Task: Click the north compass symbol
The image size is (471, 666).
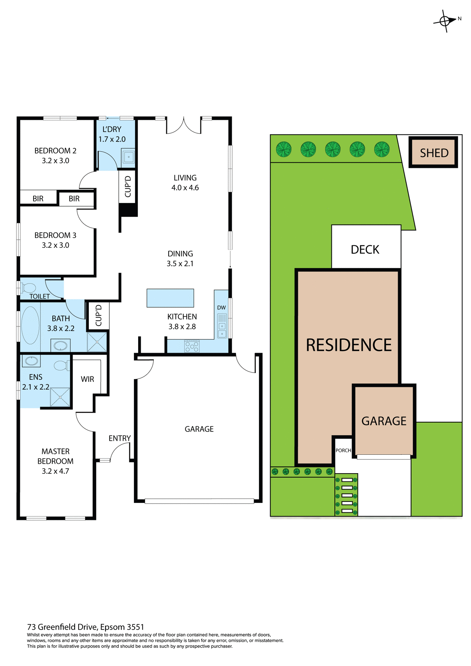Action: point(445,21)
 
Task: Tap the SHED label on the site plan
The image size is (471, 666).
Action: point(434,153)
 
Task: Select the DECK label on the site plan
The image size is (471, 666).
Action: point(365,249)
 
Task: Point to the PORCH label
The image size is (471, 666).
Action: point(343,450)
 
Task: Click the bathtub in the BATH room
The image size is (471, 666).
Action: point(30,325)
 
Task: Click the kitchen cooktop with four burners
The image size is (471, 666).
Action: point(192,346)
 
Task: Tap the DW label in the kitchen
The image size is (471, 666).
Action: point(221,308)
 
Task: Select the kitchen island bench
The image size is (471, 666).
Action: point(170,298)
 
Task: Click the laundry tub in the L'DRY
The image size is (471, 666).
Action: point(128,157)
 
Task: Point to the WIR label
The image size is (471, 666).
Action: point(87,379)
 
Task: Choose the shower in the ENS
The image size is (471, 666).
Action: point(60,397)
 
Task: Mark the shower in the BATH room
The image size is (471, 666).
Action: point(97,342)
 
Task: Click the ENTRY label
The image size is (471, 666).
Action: point(119,438)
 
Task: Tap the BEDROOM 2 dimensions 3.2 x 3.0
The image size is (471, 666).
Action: point(56,161)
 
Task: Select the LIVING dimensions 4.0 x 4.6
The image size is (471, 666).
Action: point(185,188)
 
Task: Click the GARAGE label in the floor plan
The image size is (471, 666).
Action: point(199,429)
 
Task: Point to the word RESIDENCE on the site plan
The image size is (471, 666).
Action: point(348,345)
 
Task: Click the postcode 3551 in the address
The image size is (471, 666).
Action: point(135,627)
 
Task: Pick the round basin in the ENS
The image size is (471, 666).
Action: point(32,361)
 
